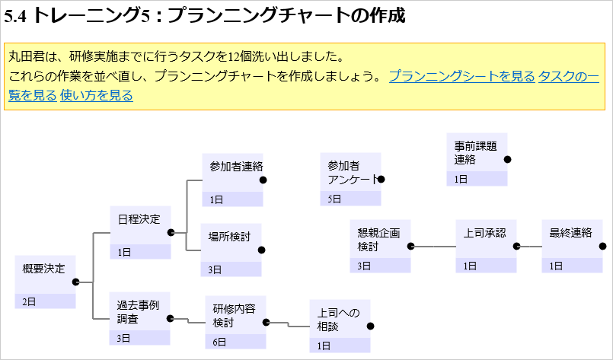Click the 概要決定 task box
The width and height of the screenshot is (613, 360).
(44, 275)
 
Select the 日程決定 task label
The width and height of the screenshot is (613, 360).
(139, 219)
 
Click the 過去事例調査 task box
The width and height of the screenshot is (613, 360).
(138, 312)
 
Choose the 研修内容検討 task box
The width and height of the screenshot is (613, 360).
(234, 316)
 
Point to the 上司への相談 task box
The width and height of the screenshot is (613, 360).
(338, 320)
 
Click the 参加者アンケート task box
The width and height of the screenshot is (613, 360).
(350, 174)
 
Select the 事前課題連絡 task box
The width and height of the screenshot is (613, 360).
(476, 153)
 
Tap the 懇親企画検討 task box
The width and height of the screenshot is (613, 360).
(379, 240)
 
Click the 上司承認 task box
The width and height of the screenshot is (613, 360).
(484, 240)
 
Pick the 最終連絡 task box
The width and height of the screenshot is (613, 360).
(570, 240)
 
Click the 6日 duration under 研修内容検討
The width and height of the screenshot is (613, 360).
(220, 342)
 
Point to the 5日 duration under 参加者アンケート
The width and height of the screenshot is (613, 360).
(334, 199)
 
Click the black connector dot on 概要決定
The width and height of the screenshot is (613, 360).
(75, 282)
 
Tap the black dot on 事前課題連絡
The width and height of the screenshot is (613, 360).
(507, 159)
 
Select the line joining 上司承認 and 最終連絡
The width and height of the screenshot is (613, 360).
(531, 247)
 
